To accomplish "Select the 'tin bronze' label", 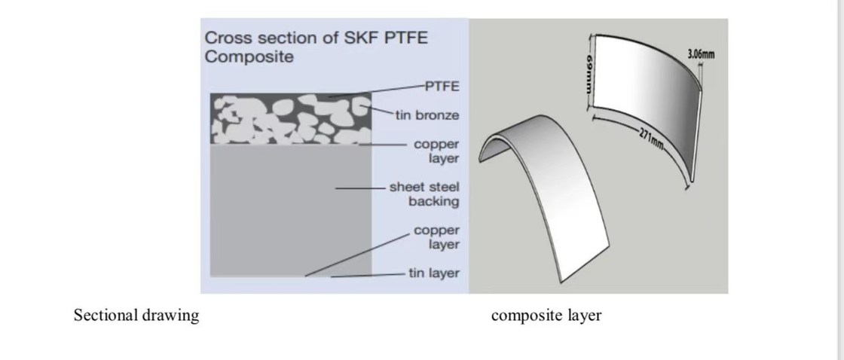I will pos(427,115).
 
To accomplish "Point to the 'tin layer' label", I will pos(433,273).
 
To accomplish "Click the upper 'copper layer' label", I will pos(436,151).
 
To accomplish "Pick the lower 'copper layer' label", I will pos(436,237).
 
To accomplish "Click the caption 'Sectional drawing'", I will pos(136,316).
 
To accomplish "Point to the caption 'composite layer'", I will pos(546,316).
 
